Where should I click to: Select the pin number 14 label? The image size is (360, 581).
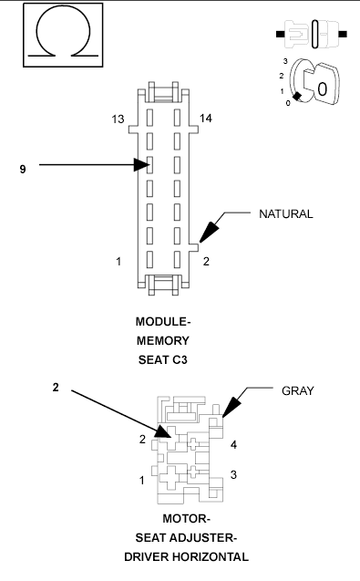coord(206,119)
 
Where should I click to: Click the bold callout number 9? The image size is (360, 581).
coord(23,170)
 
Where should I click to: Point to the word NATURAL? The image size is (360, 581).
coord(285,214)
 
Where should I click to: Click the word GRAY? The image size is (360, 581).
coord(297,390)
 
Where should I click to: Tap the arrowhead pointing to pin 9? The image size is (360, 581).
coord(142,165)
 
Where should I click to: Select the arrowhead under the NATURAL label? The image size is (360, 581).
coord(208,232)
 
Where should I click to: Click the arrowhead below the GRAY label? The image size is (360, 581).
coord(229,410)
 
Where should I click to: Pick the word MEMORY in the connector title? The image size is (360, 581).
coord(164,340)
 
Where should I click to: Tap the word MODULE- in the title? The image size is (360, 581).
coord(164,323)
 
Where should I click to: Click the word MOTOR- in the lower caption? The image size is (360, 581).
coord(173,521)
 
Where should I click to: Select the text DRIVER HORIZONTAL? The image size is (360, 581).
coord(173,555)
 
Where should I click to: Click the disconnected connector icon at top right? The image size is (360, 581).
coord(310,34)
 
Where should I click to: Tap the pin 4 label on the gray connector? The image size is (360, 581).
coord(234,445)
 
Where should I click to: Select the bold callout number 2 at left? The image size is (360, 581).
coord(57,388)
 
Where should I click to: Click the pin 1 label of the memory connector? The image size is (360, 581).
coord(118,263)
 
